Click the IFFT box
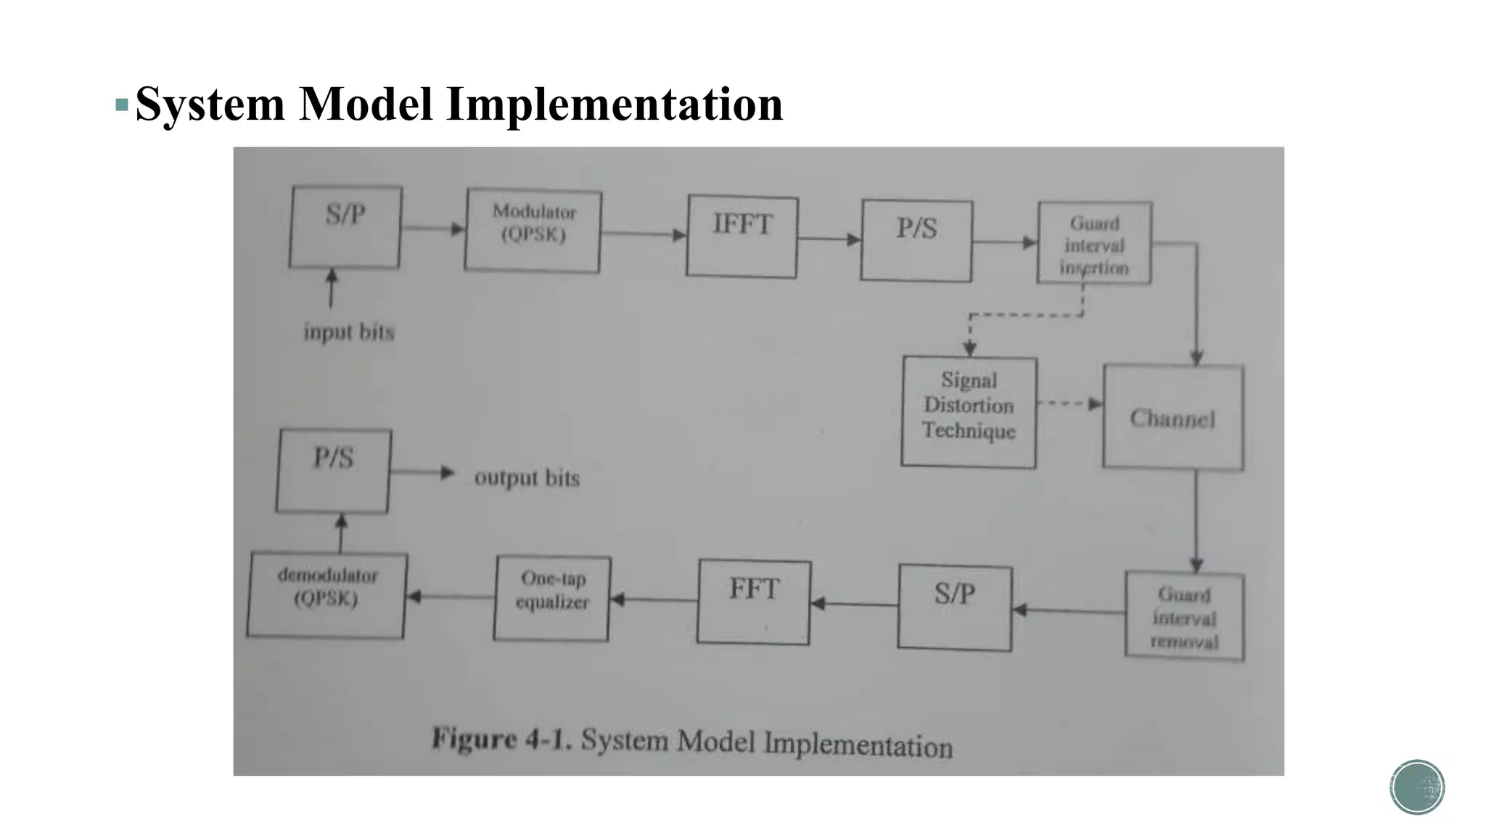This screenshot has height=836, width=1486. [x=742, y=236]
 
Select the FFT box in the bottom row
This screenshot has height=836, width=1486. [x=754, y=602]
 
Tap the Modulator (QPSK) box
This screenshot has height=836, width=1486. [x=533, y=230]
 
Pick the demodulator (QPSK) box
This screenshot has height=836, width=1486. [x=327, y=595]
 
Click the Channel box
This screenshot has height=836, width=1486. [x=1173, y=417]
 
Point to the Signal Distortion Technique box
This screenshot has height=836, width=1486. [x=969, y=411]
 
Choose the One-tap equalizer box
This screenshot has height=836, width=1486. [x=552, y=598]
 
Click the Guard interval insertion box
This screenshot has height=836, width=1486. [x=1094, y=243]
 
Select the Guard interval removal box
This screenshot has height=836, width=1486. [x=1184, y=616]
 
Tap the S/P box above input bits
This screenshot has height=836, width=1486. [x=345, y=227]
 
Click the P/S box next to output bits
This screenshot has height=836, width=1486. [x=333, y=470]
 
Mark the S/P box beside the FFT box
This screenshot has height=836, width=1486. [x=954, y=607]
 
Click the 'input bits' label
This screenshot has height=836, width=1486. [x=349, y=332]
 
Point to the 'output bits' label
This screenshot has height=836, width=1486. [x=527, y=478]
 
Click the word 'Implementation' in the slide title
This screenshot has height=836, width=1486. [x=615, y=104]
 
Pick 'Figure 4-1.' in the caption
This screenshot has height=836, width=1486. [x=501, y=739]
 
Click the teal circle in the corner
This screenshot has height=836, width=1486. [x=1417, y=787]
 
